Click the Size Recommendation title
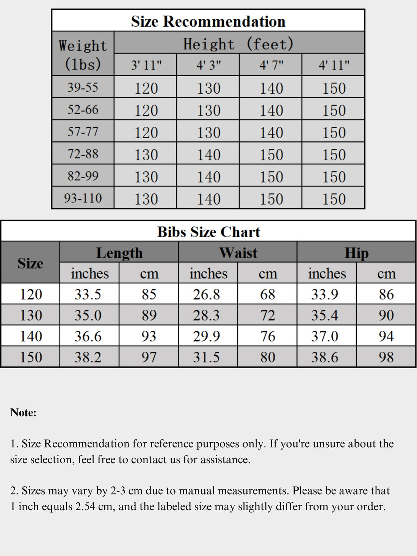[x=208, y=21]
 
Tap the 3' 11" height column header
[x=146, y=65]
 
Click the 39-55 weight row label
[x=83, y=88]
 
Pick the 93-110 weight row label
[x=83, y=198]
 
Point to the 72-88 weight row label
[x=83, y=154]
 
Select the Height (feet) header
[x=239, y=44]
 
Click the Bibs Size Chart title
[x=208, y=232]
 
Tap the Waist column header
[x=238, y=253]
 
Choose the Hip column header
[x=356, y=253]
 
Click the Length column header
[x=119, y=253]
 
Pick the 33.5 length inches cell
[x=88, y=294]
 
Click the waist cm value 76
[x=267, y=336]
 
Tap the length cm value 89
[x=149, y=315]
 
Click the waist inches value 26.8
[x=206, y=294]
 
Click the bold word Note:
[x=24, y=412]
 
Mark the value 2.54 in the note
[x=85, y=506]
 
